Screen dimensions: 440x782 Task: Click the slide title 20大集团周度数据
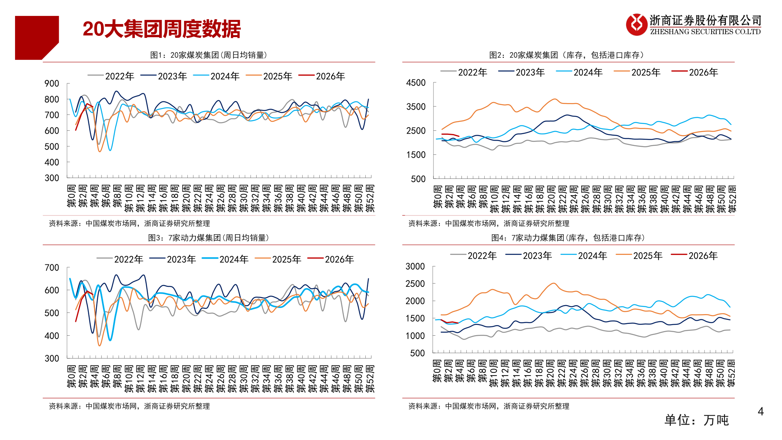point(161,29)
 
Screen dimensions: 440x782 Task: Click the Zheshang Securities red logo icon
point(636,24)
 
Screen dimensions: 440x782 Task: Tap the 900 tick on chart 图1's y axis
point(52,84)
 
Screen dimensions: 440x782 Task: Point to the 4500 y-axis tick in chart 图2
point(415,83)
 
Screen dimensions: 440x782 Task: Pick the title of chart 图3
point(208,238)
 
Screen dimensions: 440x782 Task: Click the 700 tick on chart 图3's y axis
point(52,268)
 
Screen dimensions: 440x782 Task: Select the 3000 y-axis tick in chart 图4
point(415,266)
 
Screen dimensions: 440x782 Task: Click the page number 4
point(760,411)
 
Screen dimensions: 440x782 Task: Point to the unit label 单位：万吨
point(696,420)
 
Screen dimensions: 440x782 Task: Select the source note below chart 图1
point(129,224)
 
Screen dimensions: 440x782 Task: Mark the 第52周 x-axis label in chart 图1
point(370,198)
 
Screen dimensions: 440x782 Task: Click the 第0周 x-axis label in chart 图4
point(437,371)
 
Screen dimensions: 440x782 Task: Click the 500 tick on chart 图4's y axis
point(417,353)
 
